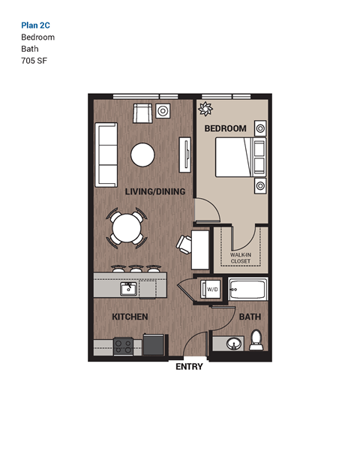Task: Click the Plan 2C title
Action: (x=36, y=24)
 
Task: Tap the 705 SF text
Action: (x=34, y=61)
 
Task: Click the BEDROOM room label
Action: (x=225, y=128)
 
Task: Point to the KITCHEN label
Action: (x=130, y=317)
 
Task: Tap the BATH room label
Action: (x=250, y=317)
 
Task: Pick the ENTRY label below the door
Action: (x=189, y=367)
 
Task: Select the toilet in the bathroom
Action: (x=256, y=339)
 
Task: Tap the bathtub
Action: (x=247, y=290)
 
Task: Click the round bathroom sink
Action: (x=232, y=344)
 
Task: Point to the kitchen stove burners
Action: (x=124, y=345)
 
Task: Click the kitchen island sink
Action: (x=128, y=289)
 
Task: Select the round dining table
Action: (x=127, y=227)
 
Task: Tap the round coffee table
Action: (x=142, y=154)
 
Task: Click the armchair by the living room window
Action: (x=142, y=113)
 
